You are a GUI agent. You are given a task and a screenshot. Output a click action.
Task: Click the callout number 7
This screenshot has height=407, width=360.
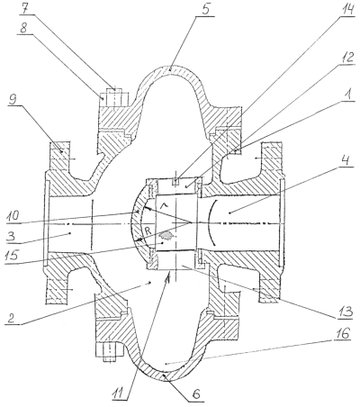coord(24,9)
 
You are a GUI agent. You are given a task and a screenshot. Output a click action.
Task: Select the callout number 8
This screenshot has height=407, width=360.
coord(24,29)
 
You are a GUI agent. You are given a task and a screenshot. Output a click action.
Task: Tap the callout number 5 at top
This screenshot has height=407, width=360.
coord(205,9)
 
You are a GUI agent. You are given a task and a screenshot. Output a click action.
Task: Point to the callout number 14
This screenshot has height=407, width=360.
coord(346,10)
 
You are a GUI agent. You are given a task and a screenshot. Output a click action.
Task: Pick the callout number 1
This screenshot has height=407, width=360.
coord(347,96)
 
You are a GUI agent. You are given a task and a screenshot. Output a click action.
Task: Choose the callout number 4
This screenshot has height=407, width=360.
coord(346,161)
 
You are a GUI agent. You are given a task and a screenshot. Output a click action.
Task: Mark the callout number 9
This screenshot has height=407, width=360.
coord(12,100)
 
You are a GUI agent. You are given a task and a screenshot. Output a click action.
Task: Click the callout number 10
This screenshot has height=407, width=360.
coord(13,216)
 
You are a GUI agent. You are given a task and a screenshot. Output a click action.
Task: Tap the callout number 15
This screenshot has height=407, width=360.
coord(12,256)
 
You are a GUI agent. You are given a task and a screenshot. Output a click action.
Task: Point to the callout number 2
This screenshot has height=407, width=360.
coord(11,318)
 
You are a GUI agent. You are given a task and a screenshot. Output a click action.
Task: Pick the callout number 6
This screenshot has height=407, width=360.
coord(195,394)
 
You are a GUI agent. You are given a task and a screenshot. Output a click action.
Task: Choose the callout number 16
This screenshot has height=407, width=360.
coord(343,333)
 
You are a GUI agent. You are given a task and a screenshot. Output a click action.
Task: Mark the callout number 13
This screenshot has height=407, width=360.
coord(345,312)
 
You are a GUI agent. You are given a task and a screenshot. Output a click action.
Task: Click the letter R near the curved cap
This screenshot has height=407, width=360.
coord(148,231)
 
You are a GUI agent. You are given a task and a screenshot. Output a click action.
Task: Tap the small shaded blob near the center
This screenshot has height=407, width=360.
coord(166,236)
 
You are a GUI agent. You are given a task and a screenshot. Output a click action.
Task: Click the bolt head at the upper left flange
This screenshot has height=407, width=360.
coord(114,96)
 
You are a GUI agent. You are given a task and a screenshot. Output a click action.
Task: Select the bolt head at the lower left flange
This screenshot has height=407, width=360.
coord(110,353)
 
